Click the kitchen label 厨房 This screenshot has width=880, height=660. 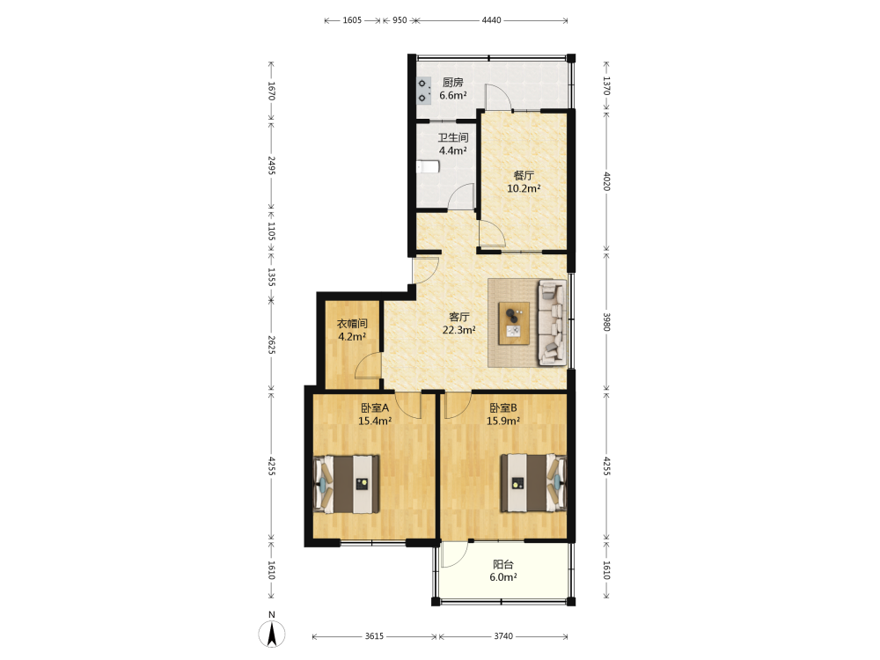(453, 83)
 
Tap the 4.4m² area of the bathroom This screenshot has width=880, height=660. (453, 150)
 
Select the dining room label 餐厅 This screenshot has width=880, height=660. (524, 176)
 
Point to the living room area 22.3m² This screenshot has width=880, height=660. (459, 330)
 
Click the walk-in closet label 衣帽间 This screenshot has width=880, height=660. (352, 324)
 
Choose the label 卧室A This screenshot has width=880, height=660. (375, 408)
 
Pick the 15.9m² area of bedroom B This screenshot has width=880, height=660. (502, 421)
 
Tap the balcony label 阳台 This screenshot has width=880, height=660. (503, 565)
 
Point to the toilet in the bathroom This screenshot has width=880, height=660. (428, 166)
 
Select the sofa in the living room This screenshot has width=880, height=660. (553, 323)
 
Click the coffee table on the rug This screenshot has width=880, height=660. (514, 323)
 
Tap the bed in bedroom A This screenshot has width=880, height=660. (346, 484)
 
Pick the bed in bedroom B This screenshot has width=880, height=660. (533, 483)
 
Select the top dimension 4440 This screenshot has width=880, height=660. (491, 20)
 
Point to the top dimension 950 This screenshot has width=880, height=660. (400, 20)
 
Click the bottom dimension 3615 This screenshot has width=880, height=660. (374, 636)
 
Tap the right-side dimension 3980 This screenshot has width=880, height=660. (606, 322)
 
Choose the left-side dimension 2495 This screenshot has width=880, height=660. (272, 165)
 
